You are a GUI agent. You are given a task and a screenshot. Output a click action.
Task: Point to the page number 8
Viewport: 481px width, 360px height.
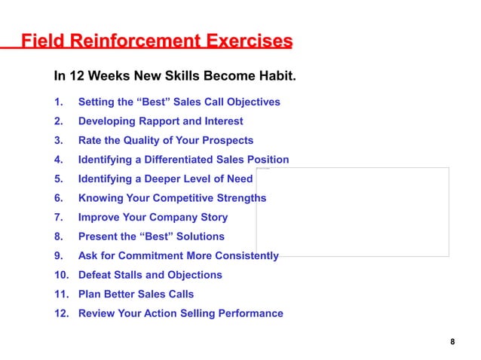point(452,343)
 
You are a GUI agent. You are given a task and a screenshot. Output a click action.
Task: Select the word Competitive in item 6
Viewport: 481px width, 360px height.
point(182,198)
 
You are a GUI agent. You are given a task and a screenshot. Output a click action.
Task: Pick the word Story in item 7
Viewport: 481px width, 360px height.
point(213,218)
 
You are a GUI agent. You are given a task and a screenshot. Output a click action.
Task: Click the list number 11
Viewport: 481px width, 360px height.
point(60,294)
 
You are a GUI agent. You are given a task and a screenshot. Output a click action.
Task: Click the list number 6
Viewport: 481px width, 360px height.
point(58,198)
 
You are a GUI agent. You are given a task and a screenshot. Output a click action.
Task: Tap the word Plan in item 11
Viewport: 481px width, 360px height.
point(90,294)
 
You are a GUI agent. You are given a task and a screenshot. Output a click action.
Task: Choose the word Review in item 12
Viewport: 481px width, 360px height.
point(97,313)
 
